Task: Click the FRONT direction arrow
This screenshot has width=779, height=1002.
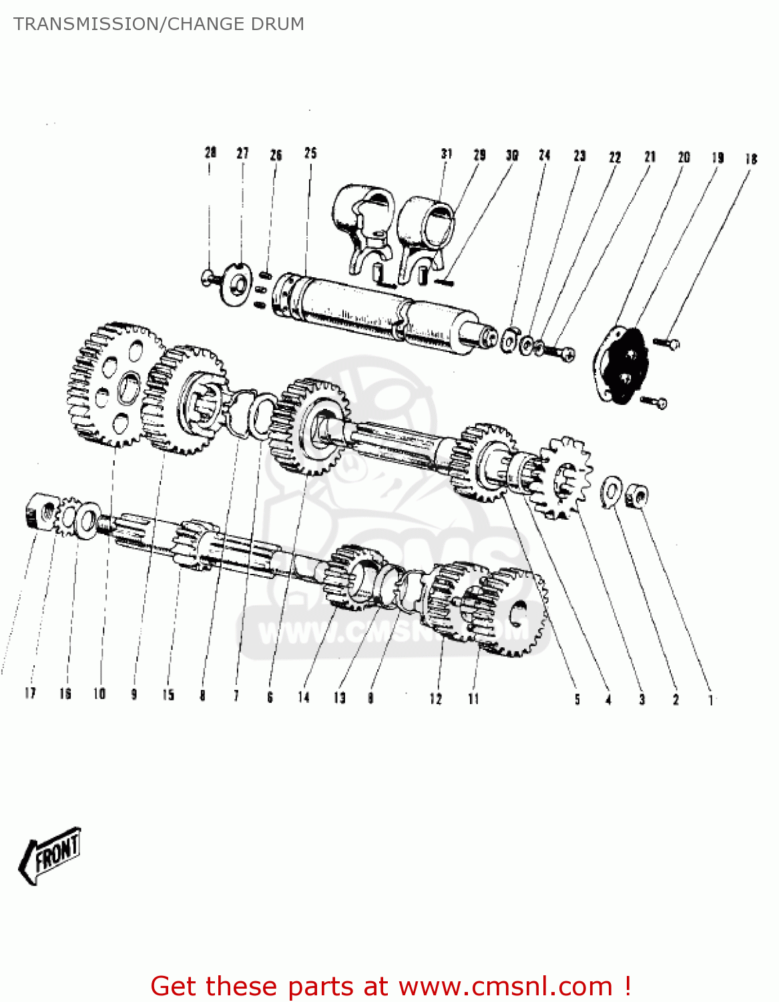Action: [x=51, y=856]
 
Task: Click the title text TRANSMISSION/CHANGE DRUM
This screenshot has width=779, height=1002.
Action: [x=159, y=24]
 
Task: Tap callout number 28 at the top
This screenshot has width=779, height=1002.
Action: [x=210, y=152]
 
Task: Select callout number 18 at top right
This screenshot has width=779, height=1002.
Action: [x=751, y=158]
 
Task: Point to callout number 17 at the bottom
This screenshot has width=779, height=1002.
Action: [x=30, y=693]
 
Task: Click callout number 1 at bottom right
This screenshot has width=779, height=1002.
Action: [x=711, y=700]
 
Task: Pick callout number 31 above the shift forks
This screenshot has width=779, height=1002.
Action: [x=447, y=154]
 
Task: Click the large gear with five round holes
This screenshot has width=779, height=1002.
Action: [x=115, y=385]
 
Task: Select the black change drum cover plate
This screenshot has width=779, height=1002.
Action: [x=621, y=365]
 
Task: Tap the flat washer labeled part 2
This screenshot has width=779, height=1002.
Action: [x=611, y=491]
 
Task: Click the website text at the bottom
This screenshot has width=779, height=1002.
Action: [x=391, y=986]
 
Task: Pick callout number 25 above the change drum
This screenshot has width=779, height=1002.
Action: [x=310, y=153]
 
